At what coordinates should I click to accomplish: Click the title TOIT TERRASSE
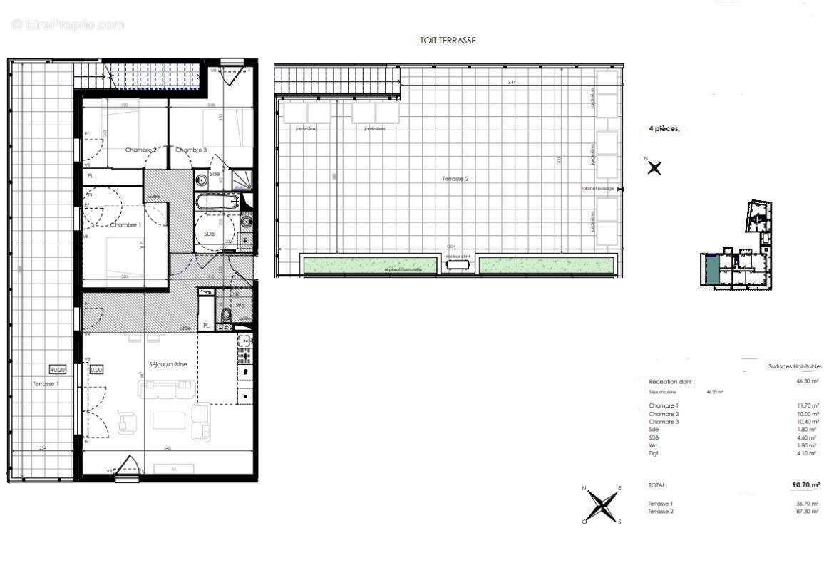pyautogui.click(x=448, y=41)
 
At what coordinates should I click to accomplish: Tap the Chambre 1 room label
pyautogui.click(x=124, y=225)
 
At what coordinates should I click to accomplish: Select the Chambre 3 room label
pyautogui.click(x=191, y=150)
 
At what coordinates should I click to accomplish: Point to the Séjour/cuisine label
pyautogui.click(x=168, y=364)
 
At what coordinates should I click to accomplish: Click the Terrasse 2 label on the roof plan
pyautogui.click(x=455, y=180)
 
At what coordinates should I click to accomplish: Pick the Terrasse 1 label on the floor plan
pyautogui.click(x=46, y=384)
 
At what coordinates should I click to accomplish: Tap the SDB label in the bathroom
pyautogui.click(x=210, y=234)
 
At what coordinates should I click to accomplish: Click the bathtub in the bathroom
pyautogui.click(x=217, y=202)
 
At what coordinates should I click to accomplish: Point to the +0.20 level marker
pyautogui.click(x=57, y=369)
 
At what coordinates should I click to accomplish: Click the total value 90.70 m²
pyautogui.click(x=805, y=485)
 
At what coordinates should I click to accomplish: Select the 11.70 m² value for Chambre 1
pyautogui.click(x=808, y=406)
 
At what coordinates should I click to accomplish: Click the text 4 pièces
pyautogui.click(x=664, y=129)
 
